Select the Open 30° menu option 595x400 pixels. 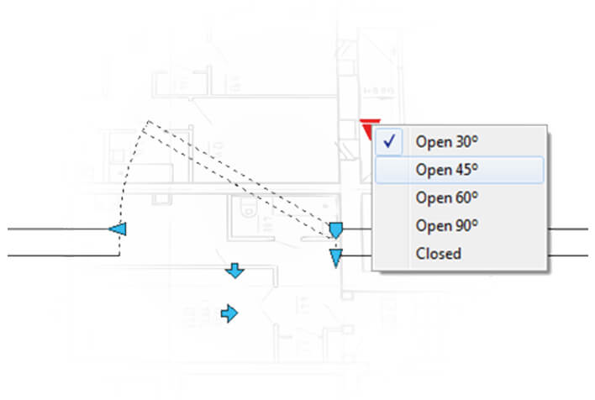[446, 142]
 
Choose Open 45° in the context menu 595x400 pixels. [446, 170]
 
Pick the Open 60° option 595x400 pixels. [446, 197]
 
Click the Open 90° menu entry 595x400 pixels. [446, 225]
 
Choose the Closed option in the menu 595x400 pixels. [438, 253]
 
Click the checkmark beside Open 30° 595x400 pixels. [388, 141]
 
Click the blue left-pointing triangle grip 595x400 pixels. [118, 229]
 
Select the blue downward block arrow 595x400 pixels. [235, 271]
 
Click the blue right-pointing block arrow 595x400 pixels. [229, 313]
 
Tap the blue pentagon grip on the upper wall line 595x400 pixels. [336, 229]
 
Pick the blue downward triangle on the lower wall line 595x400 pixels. [336, 257]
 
